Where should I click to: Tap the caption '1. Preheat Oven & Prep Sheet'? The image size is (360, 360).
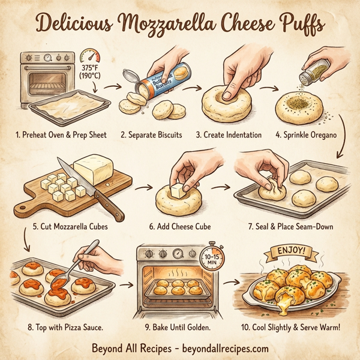[x=61, y=134]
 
